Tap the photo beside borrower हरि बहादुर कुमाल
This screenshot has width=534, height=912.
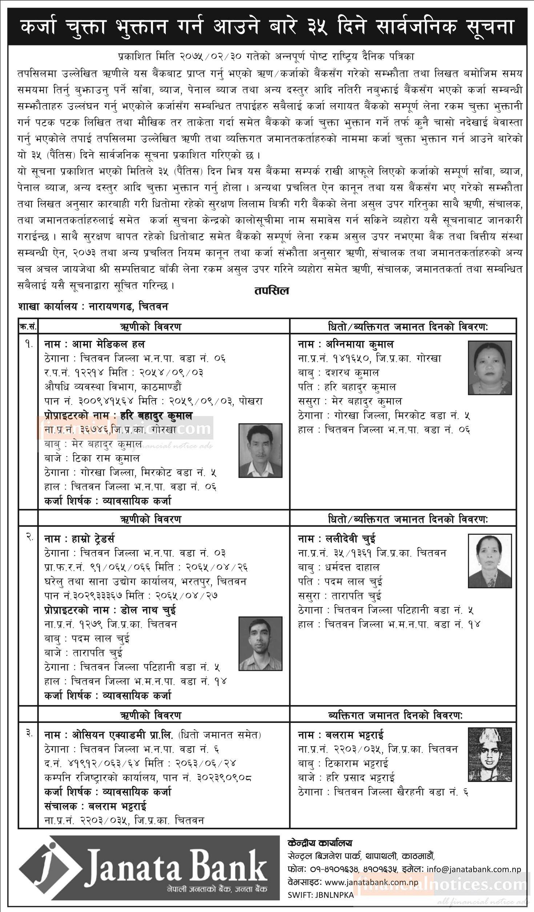click(x=260, y=450)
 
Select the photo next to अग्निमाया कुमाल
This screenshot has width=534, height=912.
click(x=489, y=367)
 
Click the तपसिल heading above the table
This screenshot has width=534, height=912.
click(x=272, y=291)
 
